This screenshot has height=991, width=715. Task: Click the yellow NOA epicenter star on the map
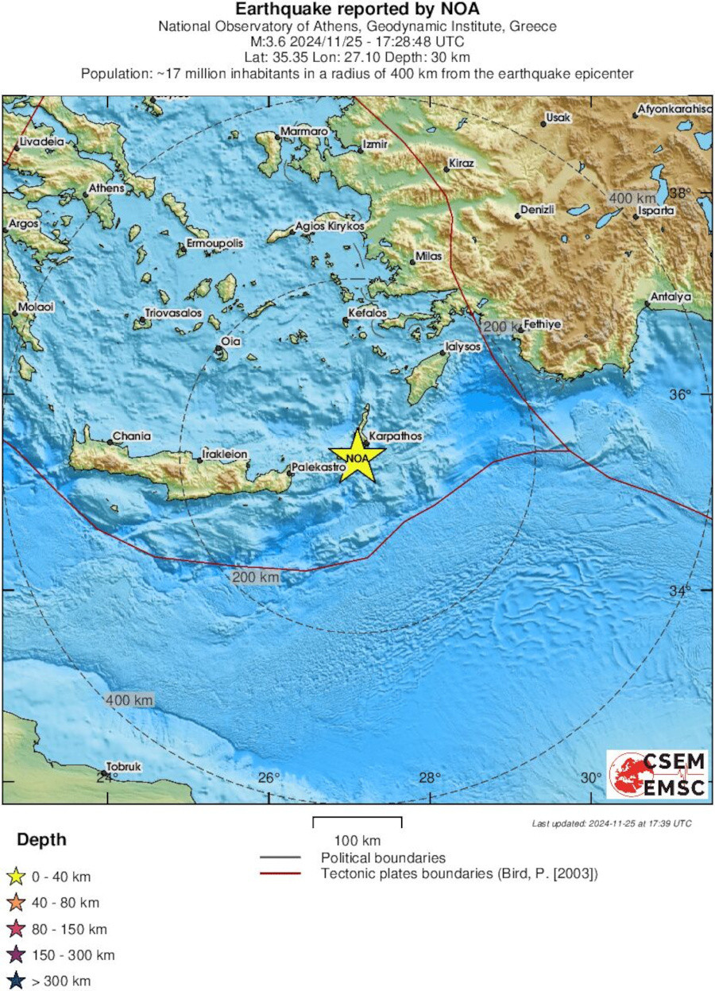357,458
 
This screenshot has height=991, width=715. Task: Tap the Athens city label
106,188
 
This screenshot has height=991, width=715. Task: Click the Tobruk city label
124,766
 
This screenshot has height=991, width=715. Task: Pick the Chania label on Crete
132,436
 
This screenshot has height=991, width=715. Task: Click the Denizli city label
538,209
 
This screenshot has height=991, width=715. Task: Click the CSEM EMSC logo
656,773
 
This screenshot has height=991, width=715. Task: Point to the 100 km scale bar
357,822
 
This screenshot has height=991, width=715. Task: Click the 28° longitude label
430,777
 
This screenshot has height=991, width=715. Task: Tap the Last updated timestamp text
611,823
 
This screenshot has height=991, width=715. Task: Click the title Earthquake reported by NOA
357,9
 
